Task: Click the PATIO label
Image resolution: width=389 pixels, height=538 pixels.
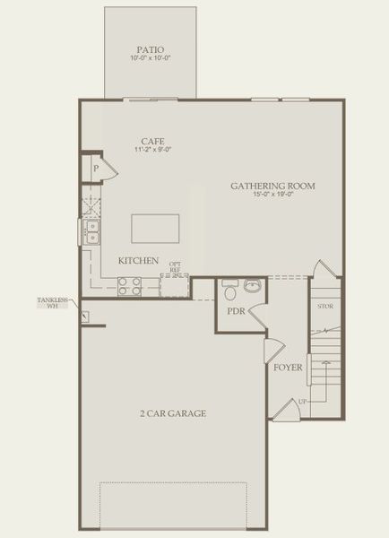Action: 150,50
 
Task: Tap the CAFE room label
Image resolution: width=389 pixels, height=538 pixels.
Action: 151,141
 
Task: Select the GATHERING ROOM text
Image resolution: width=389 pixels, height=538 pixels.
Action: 272,187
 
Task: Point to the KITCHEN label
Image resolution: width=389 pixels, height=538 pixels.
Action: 138,261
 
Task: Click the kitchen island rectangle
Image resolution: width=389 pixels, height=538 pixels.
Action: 156,229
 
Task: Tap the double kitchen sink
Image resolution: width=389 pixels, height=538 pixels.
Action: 92,232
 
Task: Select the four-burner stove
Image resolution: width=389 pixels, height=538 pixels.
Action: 130,287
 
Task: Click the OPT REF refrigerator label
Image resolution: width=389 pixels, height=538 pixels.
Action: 176,266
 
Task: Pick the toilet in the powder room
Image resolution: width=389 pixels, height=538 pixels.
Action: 229,291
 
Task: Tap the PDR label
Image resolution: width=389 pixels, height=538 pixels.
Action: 236,312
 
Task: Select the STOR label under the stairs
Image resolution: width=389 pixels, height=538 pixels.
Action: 325,307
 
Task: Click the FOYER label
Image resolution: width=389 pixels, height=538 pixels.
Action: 288,368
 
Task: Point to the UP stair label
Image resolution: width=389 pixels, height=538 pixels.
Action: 303,401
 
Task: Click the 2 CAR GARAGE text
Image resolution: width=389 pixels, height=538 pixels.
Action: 173,413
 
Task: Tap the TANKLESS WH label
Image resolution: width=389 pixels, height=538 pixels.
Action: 53,303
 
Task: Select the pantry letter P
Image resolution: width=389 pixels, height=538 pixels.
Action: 95,168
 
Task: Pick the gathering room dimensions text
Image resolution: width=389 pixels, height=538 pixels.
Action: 272,195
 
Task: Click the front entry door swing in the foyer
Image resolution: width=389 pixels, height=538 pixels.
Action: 285,410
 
